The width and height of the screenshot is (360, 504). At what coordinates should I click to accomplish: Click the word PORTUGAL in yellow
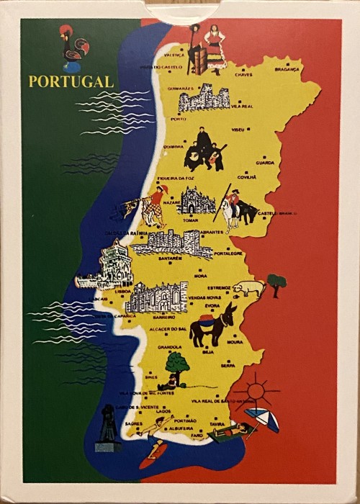71,81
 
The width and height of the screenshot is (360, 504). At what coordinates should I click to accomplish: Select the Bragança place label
288,70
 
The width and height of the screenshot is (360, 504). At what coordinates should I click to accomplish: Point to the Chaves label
243,73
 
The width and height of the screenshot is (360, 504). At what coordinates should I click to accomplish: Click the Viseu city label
238,130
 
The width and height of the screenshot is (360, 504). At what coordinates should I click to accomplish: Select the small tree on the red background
276,283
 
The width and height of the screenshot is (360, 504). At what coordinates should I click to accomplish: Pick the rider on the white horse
232,207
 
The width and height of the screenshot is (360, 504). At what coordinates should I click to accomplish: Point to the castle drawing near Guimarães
204,98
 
